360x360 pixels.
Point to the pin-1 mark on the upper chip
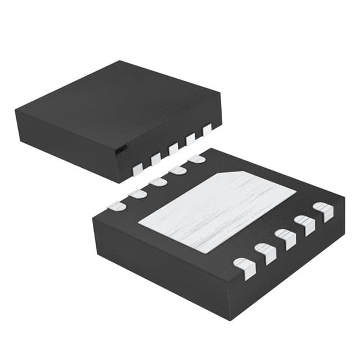[120, 150]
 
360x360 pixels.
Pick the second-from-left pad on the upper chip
[156, 159]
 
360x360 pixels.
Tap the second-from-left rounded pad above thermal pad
[137, 194]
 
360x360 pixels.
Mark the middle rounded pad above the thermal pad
[157, 182]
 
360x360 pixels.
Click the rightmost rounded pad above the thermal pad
[197, 159]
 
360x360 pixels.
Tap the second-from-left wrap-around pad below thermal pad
[265, 253]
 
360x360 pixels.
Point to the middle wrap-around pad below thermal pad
[285, 238]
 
